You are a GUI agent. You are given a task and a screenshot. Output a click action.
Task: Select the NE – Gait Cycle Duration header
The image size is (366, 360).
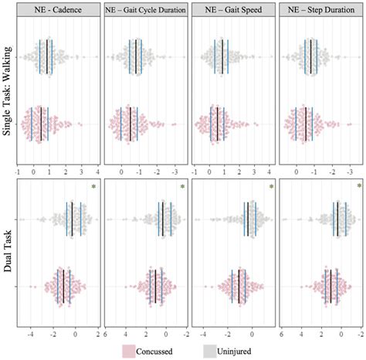(x=146, y=10)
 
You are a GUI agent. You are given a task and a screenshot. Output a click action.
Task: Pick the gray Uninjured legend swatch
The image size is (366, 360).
(x=210, y=351)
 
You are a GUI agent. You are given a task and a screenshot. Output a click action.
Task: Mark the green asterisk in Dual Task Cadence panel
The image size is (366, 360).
(x=93, y=187)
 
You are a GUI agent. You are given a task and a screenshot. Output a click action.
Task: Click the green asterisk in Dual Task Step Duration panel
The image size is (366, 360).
(x=358, y=187)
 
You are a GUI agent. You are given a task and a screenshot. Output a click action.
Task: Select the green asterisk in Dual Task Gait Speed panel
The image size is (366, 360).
(x=271, y=187)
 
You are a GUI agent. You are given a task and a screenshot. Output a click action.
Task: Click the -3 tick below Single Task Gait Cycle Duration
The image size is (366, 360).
(x=175, y=171)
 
